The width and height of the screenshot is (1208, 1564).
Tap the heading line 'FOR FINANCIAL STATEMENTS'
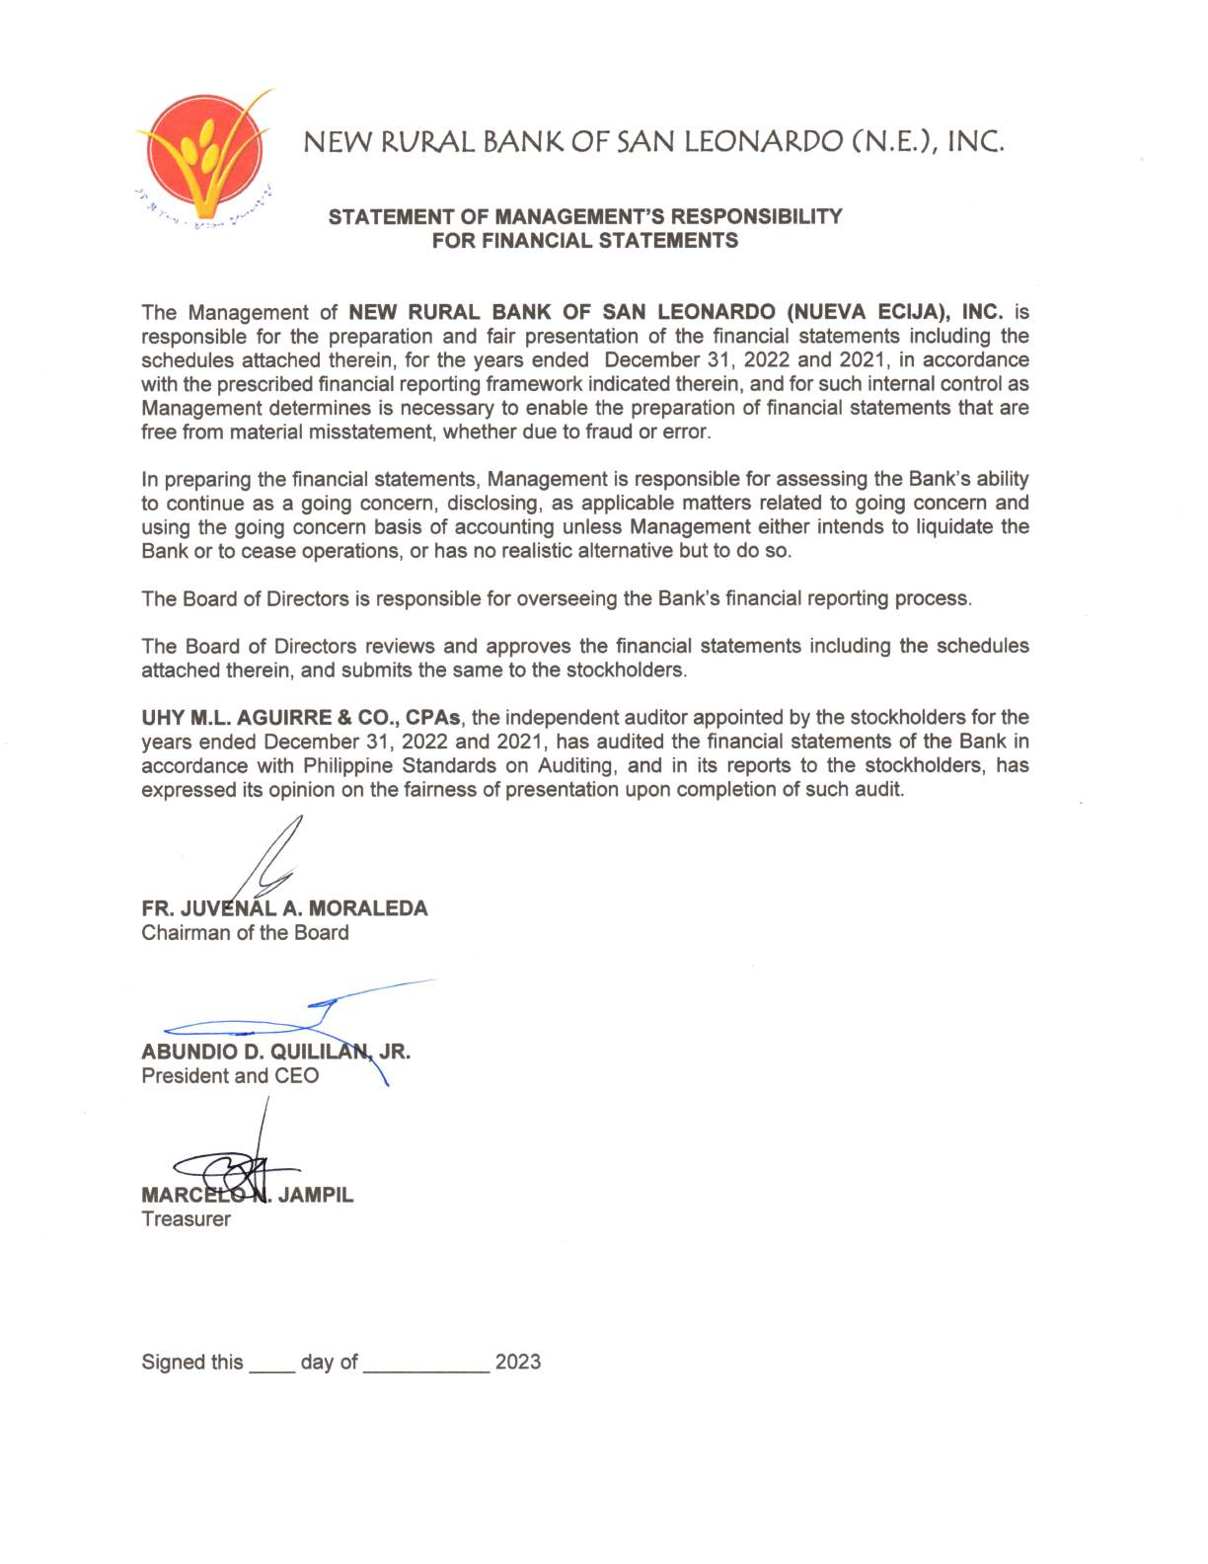[x=584, y=241]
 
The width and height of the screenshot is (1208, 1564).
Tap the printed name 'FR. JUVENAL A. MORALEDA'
[x=284, y=908]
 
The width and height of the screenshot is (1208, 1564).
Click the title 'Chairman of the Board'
[x=245, y=933]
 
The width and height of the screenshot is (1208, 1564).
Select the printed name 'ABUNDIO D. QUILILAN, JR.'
[x=275, y=1052]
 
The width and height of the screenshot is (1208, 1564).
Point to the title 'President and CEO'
[x=230, y=1076]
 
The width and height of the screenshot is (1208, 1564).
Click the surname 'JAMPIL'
[x=315, y=1195]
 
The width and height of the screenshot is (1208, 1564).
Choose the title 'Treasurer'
[x=186, y=1219]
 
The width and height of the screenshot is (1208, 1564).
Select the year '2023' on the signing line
[x=517, y=1363]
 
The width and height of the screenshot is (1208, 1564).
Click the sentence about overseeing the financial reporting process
[x=556, y=598]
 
